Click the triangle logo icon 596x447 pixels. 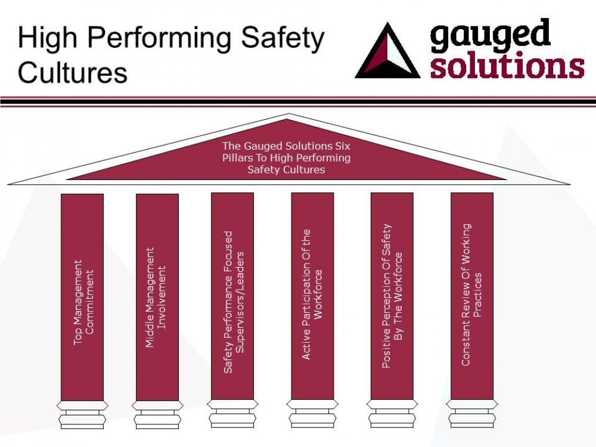(x=387, y=52)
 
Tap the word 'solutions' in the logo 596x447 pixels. (x=507, y=66)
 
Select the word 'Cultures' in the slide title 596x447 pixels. (x=72, y=72)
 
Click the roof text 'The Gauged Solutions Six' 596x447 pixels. (x=286, y=145)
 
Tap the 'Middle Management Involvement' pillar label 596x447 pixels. (x=157, y=298)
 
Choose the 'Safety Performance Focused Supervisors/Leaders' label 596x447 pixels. (x=232, y=303)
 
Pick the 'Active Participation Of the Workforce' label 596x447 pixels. (x=312, y=294)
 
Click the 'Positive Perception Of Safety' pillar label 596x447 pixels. (x=392, y=296)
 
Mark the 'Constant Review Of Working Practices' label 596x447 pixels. (x=471, y=294)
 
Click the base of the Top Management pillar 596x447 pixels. (x=82, y=414)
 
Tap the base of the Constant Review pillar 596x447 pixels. (x=471, y=414)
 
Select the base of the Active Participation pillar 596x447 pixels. (x=312, y=414)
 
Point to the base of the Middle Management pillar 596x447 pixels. (x=157, y=414)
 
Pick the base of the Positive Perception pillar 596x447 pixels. (x=392, y=414)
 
